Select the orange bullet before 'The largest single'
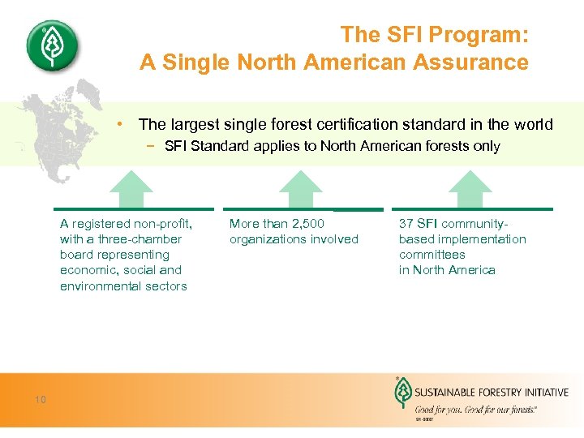119,124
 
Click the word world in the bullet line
532,125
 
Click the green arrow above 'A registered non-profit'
131,191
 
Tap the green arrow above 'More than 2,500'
301,191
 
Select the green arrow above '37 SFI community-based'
470,191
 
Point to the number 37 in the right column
406,224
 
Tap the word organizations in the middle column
265,239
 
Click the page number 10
41,398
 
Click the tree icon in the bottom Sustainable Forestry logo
401,394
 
